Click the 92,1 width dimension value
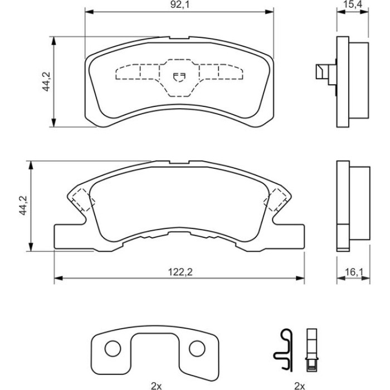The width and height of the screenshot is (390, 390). click(x=180, y=4)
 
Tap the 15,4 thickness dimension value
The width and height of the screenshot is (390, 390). click(x=353, y=4)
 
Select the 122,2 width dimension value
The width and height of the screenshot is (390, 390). click(x=181, y=272)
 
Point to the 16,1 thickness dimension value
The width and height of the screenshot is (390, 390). click(x=354, y=272)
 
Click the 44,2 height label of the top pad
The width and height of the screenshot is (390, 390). click(x=46, y=81)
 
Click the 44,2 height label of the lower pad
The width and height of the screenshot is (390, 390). click(x=23, y=206)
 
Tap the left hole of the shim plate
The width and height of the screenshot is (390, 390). click(x=113, y=348)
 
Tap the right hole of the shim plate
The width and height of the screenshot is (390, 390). click(x=197, y=348)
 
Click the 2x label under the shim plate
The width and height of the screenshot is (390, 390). click(x=156, y=386)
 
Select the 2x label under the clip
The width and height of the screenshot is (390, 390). click(x=300, y=386)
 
